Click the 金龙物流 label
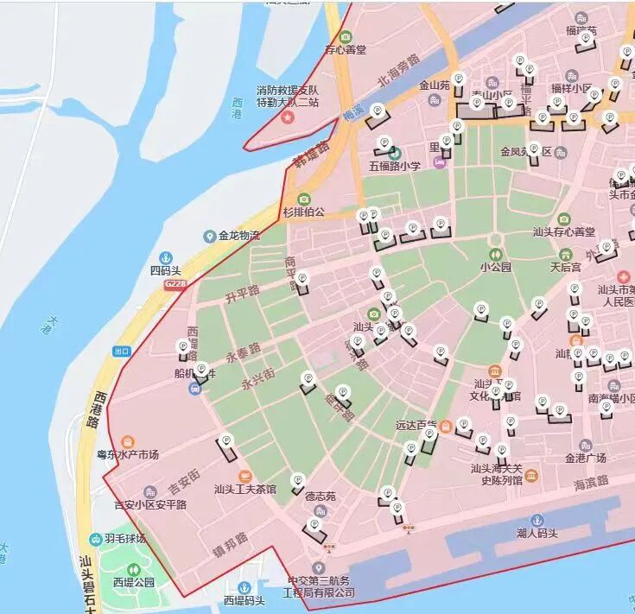coord(239,236)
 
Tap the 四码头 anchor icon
coord(166,256)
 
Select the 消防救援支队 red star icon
coord(288,115)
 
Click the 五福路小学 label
coord(395,166)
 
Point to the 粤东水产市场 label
coord(127,454)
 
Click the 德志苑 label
coord(321,497)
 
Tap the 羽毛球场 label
coord(125,539)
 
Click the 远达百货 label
coord(416,426)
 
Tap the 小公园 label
coord(496,268)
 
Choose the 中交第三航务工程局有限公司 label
coord(321,586)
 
